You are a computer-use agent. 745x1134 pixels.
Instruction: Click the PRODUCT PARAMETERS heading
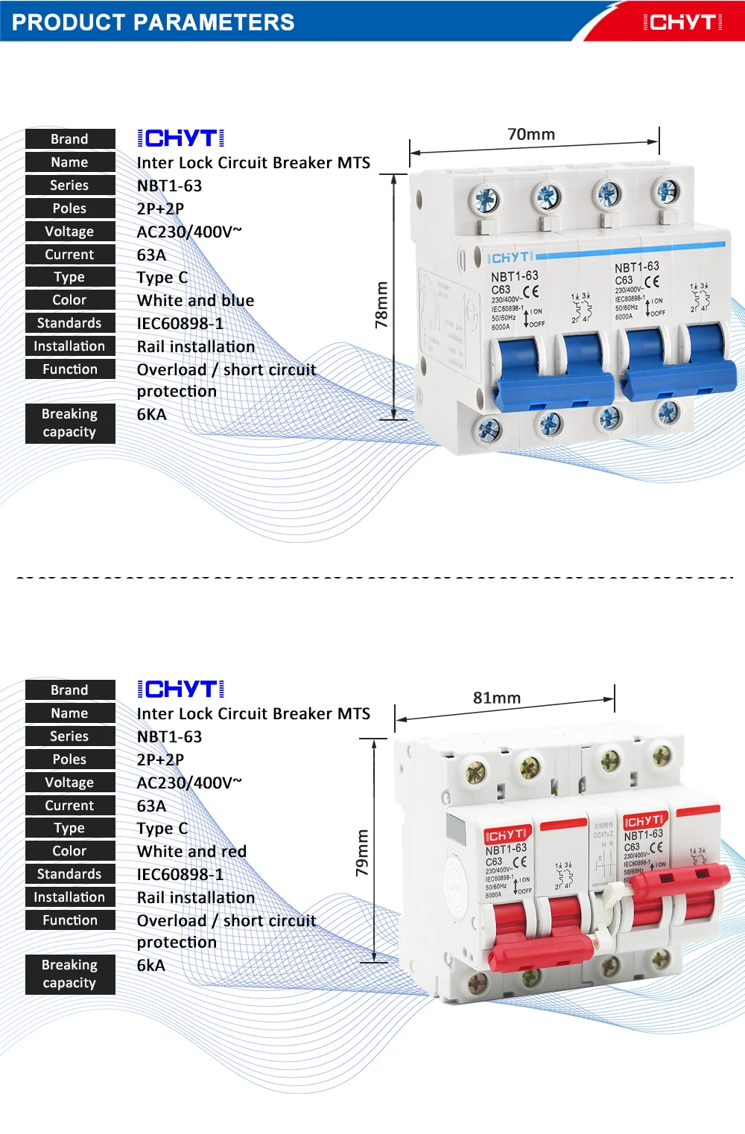153,22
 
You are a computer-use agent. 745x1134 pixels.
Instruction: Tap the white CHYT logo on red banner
682,22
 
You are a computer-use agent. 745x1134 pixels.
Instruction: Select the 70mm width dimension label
531,135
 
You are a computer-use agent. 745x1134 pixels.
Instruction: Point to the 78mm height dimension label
381,305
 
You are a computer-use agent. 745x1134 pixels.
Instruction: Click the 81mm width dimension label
497,698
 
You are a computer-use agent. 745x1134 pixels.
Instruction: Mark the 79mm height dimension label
362,853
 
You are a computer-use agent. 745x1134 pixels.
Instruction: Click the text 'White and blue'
195,301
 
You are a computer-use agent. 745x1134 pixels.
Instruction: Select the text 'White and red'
191,852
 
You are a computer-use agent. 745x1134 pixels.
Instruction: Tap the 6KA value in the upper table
152,415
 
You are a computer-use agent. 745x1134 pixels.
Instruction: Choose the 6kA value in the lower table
151,966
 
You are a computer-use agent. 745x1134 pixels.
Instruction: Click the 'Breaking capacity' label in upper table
70,423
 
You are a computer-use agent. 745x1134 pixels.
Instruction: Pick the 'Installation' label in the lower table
70,897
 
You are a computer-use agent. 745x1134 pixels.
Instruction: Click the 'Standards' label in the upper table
70,323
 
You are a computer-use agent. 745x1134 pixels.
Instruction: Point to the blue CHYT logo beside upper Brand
181,138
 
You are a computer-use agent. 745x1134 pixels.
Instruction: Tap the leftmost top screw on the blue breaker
486,200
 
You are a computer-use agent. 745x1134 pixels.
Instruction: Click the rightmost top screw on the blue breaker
667,191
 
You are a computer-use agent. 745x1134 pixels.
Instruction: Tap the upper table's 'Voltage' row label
70,232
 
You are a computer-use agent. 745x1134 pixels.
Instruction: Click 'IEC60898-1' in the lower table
180,875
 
